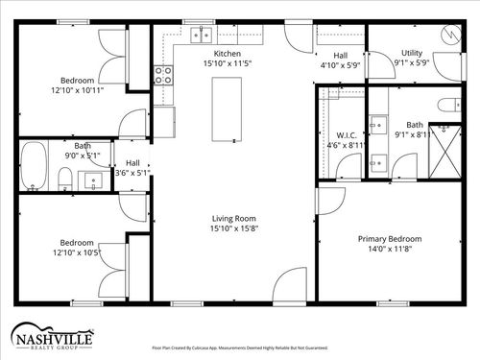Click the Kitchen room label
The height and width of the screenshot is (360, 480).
point(228,54)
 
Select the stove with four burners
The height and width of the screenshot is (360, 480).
point(162,75)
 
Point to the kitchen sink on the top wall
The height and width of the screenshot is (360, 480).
point(201,36)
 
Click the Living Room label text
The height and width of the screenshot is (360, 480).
point(234,219)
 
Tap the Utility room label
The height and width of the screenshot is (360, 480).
point(412,54)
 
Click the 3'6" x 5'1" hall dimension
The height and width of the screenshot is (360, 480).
point(132,174)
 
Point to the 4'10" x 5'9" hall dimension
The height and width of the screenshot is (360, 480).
point(339,65)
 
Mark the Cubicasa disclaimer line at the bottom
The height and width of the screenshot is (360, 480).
point(240,348)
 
